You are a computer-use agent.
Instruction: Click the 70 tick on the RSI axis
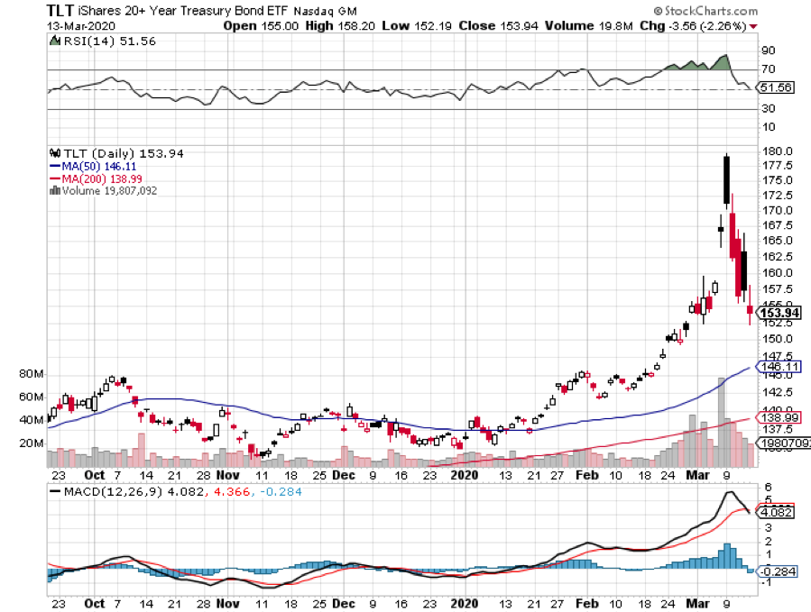click(769, 69)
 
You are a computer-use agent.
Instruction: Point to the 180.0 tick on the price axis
click(777, 151)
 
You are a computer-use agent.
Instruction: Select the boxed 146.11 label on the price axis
click(779, 368)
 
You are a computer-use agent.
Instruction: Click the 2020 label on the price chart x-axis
click(465, 474)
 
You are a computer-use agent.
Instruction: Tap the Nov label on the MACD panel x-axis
click(228, 604)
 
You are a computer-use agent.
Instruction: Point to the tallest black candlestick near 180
click(726, 179)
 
